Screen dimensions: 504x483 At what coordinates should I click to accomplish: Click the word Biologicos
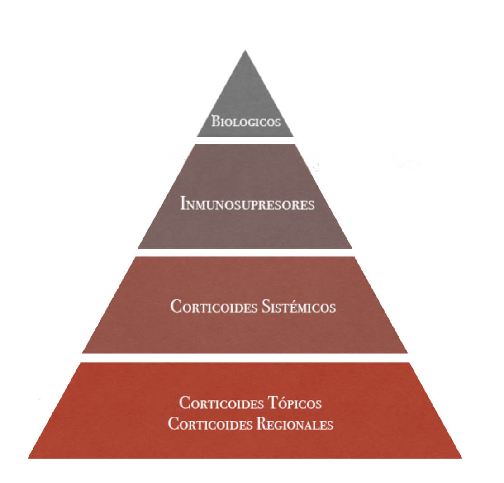[x=246, y=121]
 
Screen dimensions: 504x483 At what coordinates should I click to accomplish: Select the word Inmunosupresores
[x=247, y=204]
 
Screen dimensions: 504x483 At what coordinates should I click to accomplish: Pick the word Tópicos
[x=295, y=403]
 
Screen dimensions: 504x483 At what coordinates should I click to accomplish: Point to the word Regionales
[x=295, y=424]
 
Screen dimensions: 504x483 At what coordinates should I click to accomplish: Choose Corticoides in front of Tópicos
[x=222, y=403]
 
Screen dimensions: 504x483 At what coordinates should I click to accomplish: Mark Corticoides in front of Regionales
[x=210, y=424]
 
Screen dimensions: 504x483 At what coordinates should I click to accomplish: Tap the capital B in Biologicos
[x=215, y=121]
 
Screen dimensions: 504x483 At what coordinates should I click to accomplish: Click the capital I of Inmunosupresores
[x=184, y=204]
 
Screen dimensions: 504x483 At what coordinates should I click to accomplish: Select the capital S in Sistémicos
[x=266, y=306]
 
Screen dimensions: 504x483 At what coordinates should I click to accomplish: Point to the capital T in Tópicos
[x=275, y=403]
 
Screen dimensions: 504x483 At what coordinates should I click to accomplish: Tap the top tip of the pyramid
[x=245, y=50]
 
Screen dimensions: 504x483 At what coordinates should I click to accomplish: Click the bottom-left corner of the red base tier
[x=28, y=458]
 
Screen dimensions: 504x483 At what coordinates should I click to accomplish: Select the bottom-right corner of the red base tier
[x=462, y=458]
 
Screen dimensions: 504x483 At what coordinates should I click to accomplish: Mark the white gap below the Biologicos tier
[x=245, y=141]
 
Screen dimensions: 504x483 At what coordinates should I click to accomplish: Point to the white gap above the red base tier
[x=245, y=358]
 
